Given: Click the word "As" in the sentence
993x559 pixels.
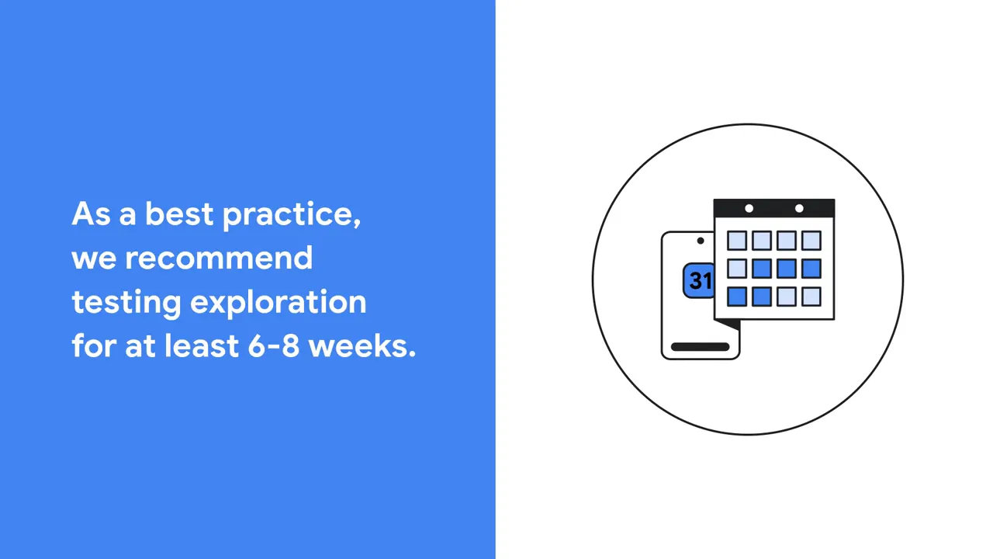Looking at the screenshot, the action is [x=91, y=214].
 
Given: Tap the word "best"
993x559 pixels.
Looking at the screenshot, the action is [x=179, y=214].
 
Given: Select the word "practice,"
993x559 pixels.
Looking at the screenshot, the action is [x=292, y=215].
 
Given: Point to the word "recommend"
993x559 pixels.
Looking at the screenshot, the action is [x=219, y=258].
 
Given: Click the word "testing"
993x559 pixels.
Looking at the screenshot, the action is [x=126, y=304].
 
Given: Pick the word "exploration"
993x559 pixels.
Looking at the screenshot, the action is [x=279, y=303].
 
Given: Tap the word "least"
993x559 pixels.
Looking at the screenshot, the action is [x=202, y=345].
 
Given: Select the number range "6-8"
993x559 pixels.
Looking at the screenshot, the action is [x=274, y=346].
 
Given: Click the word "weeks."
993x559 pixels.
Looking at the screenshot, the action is [x=362, y=345].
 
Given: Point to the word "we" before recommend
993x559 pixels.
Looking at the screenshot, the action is [x=94, y=259].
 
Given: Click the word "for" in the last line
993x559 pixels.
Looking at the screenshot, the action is [x=94, y=345].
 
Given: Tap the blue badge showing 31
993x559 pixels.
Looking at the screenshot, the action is [x=699, y=280].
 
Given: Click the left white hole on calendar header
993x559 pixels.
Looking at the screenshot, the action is [x=749, y=209].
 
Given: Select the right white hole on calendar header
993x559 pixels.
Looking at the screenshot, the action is [x=799, y=209].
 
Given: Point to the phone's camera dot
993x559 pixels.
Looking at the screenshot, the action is [x=701, y=241].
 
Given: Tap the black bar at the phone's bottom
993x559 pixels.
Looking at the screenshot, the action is [x=700, y=347].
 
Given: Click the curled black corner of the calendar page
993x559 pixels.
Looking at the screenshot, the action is [x=728, y=325].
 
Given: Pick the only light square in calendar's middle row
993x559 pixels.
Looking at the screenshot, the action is [x=737, y=269].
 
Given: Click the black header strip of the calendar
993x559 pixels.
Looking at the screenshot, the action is [x=774, y=209].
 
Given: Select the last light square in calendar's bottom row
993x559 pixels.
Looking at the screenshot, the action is [x=811, y=297].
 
